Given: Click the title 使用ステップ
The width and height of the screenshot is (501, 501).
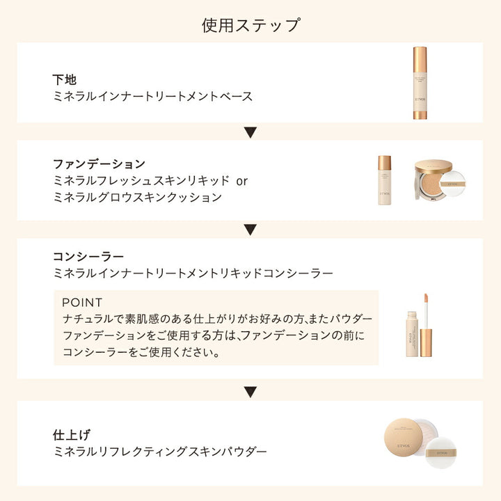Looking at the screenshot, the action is click(250, 25).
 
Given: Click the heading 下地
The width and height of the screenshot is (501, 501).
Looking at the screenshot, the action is click(65, 79).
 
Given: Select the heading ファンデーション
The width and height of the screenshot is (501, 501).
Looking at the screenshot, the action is click(100, 164).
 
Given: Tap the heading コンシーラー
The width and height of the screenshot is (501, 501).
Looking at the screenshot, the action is click(88, 256).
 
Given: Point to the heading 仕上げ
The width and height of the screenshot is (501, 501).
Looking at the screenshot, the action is click(72, 435).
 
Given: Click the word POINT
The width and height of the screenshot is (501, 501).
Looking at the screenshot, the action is click(82, 302).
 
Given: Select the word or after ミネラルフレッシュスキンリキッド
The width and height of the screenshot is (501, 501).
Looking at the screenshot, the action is click(242, 182).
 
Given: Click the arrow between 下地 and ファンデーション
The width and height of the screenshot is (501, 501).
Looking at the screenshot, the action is click(250, 132).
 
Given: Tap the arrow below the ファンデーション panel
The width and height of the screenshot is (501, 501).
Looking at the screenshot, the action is click(250, 230).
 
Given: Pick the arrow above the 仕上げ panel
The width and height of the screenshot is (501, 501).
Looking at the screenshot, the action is click(250, 392).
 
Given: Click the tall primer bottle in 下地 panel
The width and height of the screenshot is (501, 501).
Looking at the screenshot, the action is click(420, 83).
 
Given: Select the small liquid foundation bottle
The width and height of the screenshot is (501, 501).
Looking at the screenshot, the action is click(384, 180).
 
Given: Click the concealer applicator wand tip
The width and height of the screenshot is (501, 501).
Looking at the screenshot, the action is click(426, 299).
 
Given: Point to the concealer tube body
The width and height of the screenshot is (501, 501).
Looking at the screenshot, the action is click(411, 334).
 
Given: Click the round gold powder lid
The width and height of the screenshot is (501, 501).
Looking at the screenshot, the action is click(404, 437).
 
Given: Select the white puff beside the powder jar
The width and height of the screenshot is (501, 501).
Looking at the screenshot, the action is click(441, 453).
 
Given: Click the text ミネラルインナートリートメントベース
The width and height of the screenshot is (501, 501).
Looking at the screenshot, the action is click(152, 96).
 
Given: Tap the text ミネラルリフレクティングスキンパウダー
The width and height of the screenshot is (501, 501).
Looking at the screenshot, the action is click(160, 452).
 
